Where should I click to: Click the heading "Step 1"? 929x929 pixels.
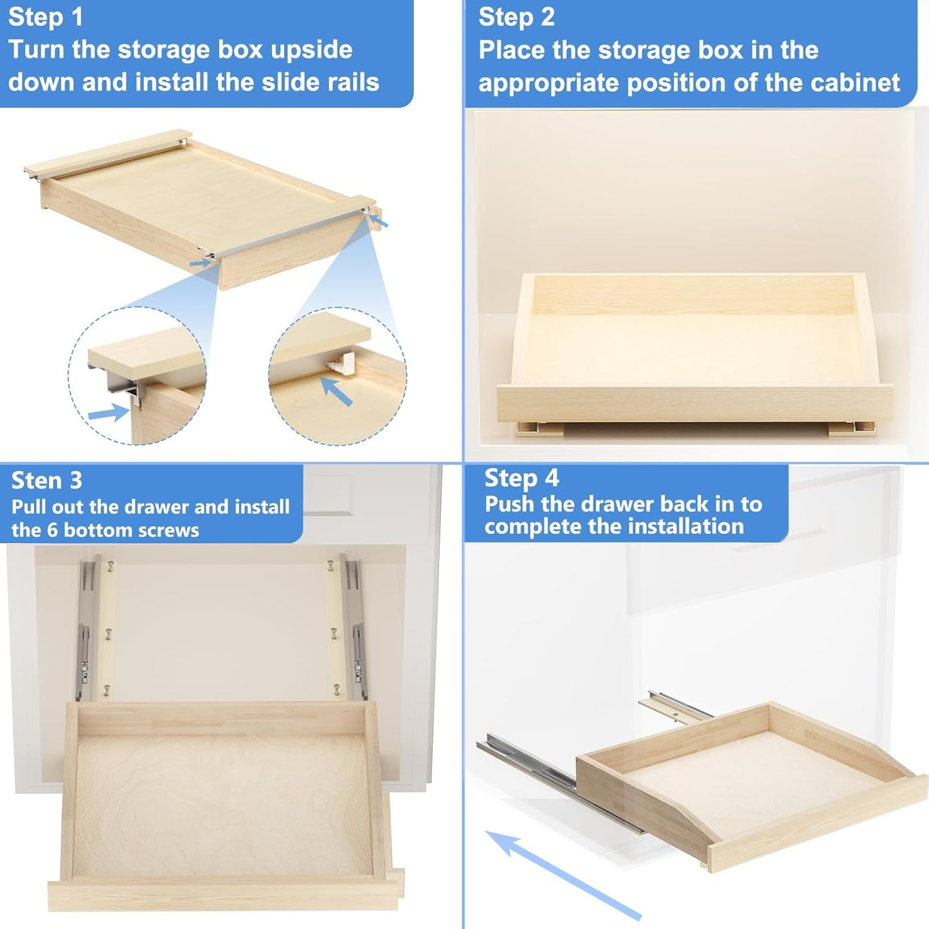click(x=46, y=17)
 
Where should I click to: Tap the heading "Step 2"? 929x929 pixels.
click(x=516, y=17)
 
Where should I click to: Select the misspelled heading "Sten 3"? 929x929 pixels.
click(x=47, y=480)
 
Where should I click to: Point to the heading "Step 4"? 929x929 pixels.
click(x=521, y=478)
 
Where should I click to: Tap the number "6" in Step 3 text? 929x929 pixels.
click(x=53, y=530)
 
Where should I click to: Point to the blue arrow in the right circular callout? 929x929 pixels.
click(x=336, y=391)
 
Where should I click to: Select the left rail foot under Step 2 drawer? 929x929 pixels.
click(x=540, y=429)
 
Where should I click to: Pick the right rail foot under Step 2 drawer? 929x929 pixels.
click(x=851, y=428)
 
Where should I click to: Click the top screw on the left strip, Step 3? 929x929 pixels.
click(x=110, y=566)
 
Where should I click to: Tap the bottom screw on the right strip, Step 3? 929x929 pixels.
click(x=336, y=690)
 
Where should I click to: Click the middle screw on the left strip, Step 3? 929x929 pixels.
click(x=107, y=633)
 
